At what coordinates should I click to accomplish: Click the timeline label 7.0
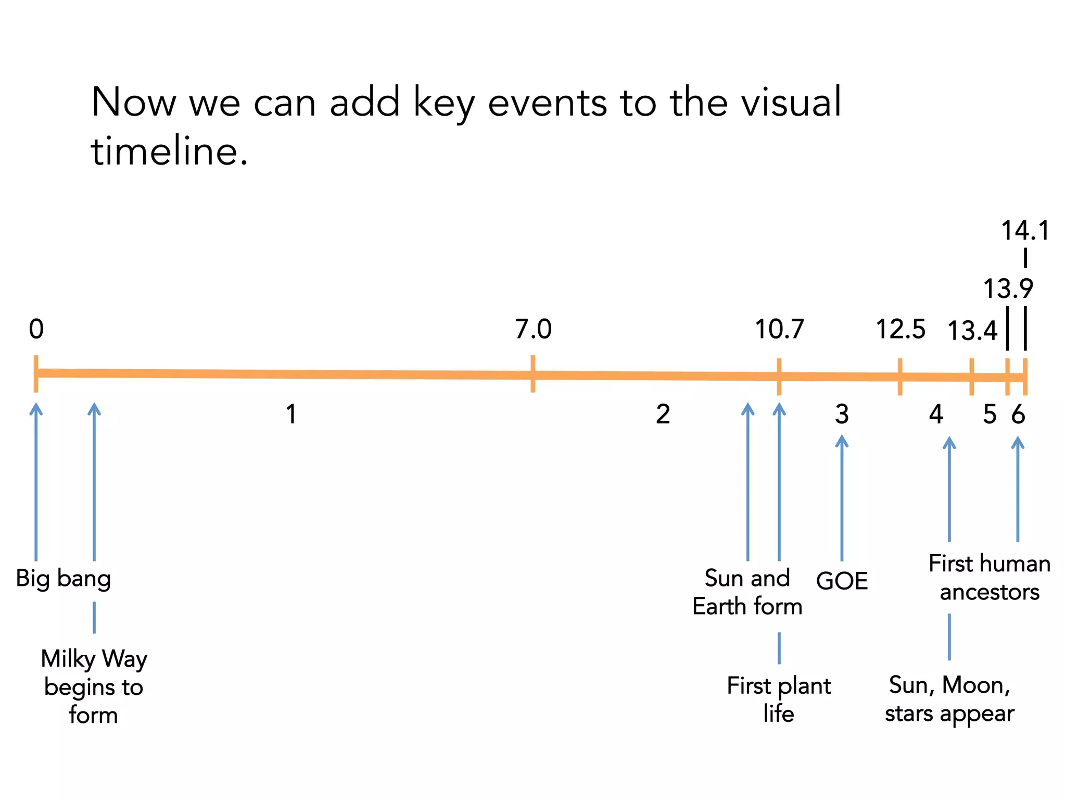pyautogui.click(x=533, y=329)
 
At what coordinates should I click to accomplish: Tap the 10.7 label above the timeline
pyautogui.click(x=779, y=329)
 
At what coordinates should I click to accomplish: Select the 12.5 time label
pyautogui.click(x=900, y=329)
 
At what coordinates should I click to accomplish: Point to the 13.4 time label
pyautogui.click(x=972, y=331)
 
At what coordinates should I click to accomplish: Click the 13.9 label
pyautogui.click(x=1008, y=289)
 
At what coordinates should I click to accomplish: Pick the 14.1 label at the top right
pyautogui.click(x=1025, y=231)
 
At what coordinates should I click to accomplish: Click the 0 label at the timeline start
pyautogui.click(x=36, y=329)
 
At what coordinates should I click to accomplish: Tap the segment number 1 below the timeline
pyautogui.click(x=291, y=415)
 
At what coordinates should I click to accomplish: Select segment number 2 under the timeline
pyautogui.click(x=663, y=415)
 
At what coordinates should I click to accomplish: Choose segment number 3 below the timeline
pyautogui.click(x=842, y=415)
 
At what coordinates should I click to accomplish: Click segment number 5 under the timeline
pyautogui.click(x=989, y=415)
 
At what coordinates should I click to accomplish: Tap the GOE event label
pyautogui.click(x=842, y=581)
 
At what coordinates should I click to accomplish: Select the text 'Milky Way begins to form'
pyautogui.click(x=94, y=686)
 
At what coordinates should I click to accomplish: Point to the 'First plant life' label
pyautogui.click(x=779, y=699)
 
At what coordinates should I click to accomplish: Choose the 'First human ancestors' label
pyautogui.click(x=989, y=578)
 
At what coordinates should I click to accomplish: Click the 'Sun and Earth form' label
pyautogui.click(x=747, y=592)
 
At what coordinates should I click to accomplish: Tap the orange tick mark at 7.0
pyautogui.click(x=533, y=374)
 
